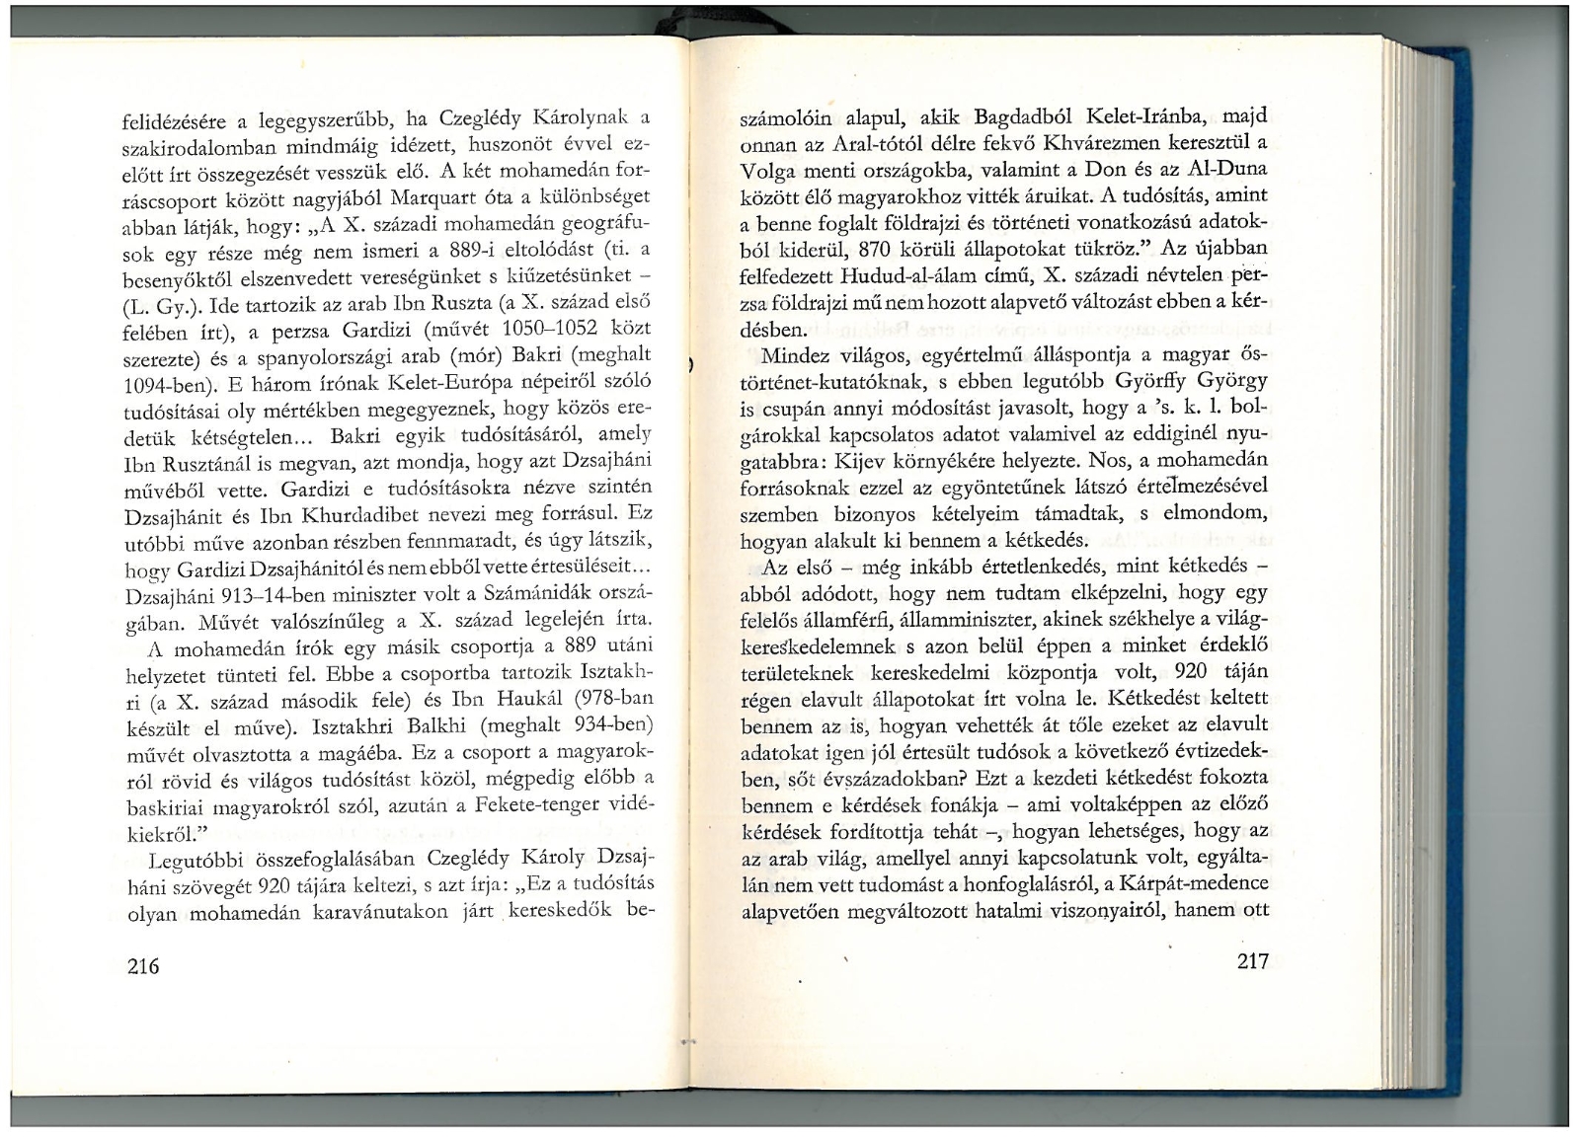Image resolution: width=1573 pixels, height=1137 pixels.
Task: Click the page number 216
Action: (143, 965)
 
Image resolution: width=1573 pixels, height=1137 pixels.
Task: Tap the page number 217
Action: (1251, 961)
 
